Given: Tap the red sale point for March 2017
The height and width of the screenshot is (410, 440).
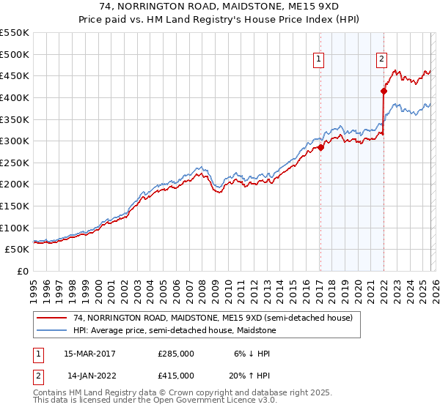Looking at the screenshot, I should [x=320, y=147].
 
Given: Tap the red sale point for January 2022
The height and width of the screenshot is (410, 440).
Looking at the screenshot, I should [x=383, y=91].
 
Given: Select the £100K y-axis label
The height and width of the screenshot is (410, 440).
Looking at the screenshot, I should [x=15, y=228].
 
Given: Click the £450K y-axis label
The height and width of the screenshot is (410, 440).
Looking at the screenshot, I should [x=15, y=75].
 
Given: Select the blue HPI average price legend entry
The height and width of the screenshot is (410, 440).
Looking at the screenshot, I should [x=174, y=330].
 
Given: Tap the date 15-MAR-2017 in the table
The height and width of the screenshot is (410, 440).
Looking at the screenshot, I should [x=89, y=354].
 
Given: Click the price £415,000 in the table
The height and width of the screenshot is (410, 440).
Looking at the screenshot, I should [x=176, y=376].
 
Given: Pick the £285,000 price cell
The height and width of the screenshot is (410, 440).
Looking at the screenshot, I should [x=176, y=354].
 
